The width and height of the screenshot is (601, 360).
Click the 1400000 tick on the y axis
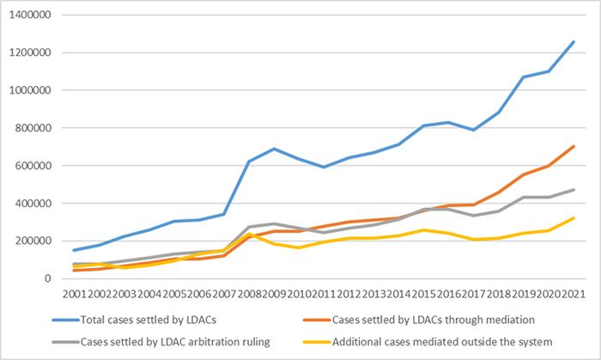click(30, 15)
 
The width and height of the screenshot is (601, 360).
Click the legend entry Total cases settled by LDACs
click(146, 320)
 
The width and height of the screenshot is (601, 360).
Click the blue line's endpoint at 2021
click(574, 41)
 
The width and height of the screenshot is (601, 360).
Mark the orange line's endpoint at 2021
click(574, 146)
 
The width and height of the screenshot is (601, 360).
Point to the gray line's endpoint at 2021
click(574, 190)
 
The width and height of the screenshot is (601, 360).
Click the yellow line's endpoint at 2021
click(574, 218)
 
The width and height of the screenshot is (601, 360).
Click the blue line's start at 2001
click(75, 250)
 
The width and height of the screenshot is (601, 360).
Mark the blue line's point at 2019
click(524, 77)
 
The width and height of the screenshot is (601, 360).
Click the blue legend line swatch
click(64, 320)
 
